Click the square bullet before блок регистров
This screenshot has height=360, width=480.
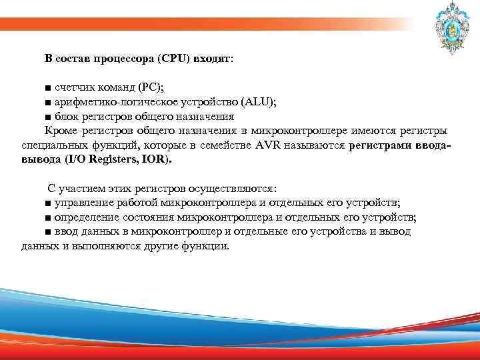point(47,116)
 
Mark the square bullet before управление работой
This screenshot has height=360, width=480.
point(47,203)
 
